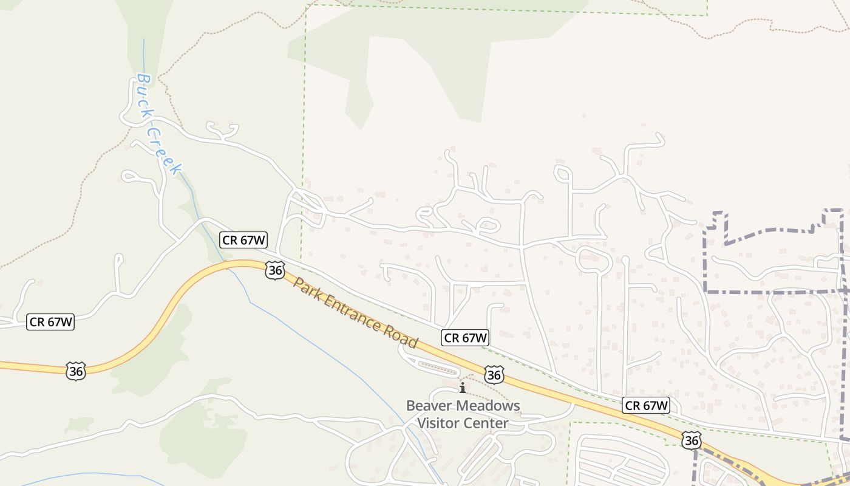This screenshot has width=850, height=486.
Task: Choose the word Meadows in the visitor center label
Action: pos(489,405)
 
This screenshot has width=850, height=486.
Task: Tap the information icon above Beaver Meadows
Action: pos(463,388)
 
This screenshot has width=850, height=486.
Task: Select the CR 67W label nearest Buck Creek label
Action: pos(244,240)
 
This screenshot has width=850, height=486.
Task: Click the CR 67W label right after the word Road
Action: pos(466,338)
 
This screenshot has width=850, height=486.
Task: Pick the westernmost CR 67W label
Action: pos(50,322)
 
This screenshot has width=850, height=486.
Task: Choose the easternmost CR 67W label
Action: pos(646,405)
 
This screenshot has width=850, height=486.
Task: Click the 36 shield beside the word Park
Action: pos(275,270)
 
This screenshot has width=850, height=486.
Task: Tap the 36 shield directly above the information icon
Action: pos(494,375)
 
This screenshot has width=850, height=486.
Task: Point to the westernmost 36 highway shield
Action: pos(76,371)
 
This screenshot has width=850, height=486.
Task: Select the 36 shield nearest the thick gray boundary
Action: pos(691,440)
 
